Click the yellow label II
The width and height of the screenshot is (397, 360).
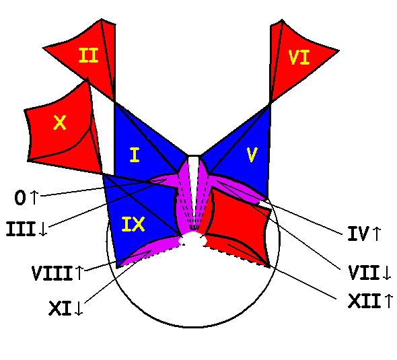[88, 55]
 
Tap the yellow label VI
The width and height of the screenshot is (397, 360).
[299, 57]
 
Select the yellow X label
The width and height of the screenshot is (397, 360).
[60, 122]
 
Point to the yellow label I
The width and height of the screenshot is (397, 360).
[135, 155]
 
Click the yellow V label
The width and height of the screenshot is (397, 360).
[252, 155]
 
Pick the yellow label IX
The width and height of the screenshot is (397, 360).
[133, 224]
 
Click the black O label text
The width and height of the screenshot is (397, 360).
[20, 198]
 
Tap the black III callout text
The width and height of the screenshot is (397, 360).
[20, 229]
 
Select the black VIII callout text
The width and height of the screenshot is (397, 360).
[52, 273]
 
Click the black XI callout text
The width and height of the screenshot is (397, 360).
[60, 308]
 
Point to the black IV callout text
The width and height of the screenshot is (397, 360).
[358, 233]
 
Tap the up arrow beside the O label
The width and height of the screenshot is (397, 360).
[34, 197]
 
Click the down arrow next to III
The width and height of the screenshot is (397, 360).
[43, 229]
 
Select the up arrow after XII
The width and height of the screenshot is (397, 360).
[389, 301]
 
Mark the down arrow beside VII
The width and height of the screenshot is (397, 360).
[387, 273]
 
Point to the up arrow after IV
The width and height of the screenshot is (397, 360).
[377, 233]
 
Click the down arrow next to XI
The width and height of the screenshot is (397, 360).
[79, 308]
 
